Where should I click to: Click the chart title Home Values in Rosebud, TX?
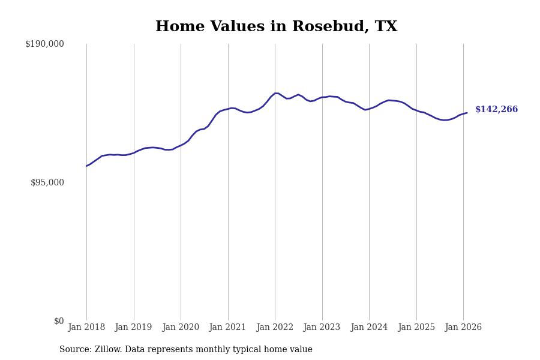[276, 27]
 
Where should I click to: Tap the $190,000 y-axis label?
[44, 44]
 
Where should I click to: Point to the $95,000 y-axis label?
[47, 182]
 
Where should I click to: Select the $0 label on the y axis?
[59, 321]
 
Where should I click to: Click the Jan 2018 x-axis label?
[86, 328]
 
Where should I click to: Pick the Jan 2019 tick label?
[133, 328]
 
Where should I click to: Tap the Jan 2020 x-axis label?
[181, 328]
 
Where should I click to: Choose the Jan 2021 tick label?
[227, 328]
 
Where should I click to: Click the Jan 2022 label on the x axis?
[275, 328]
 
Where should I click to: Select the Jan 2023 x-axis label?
[322, 328]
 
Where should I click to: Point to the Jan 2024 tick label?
[369, 328]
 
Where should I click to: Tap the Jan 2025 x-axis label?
[416, 328]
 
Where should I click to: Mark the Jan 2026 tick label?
[463, 328]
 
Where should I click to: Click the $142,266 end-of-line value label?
[496, 110]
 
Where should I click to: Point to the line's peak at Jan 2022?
[275, 93]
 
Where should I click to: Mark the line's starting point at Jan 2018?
[86, 166]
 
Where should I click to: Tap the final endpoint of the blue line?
[467, 113]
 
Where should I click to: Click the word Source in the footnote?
[74, 350]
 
